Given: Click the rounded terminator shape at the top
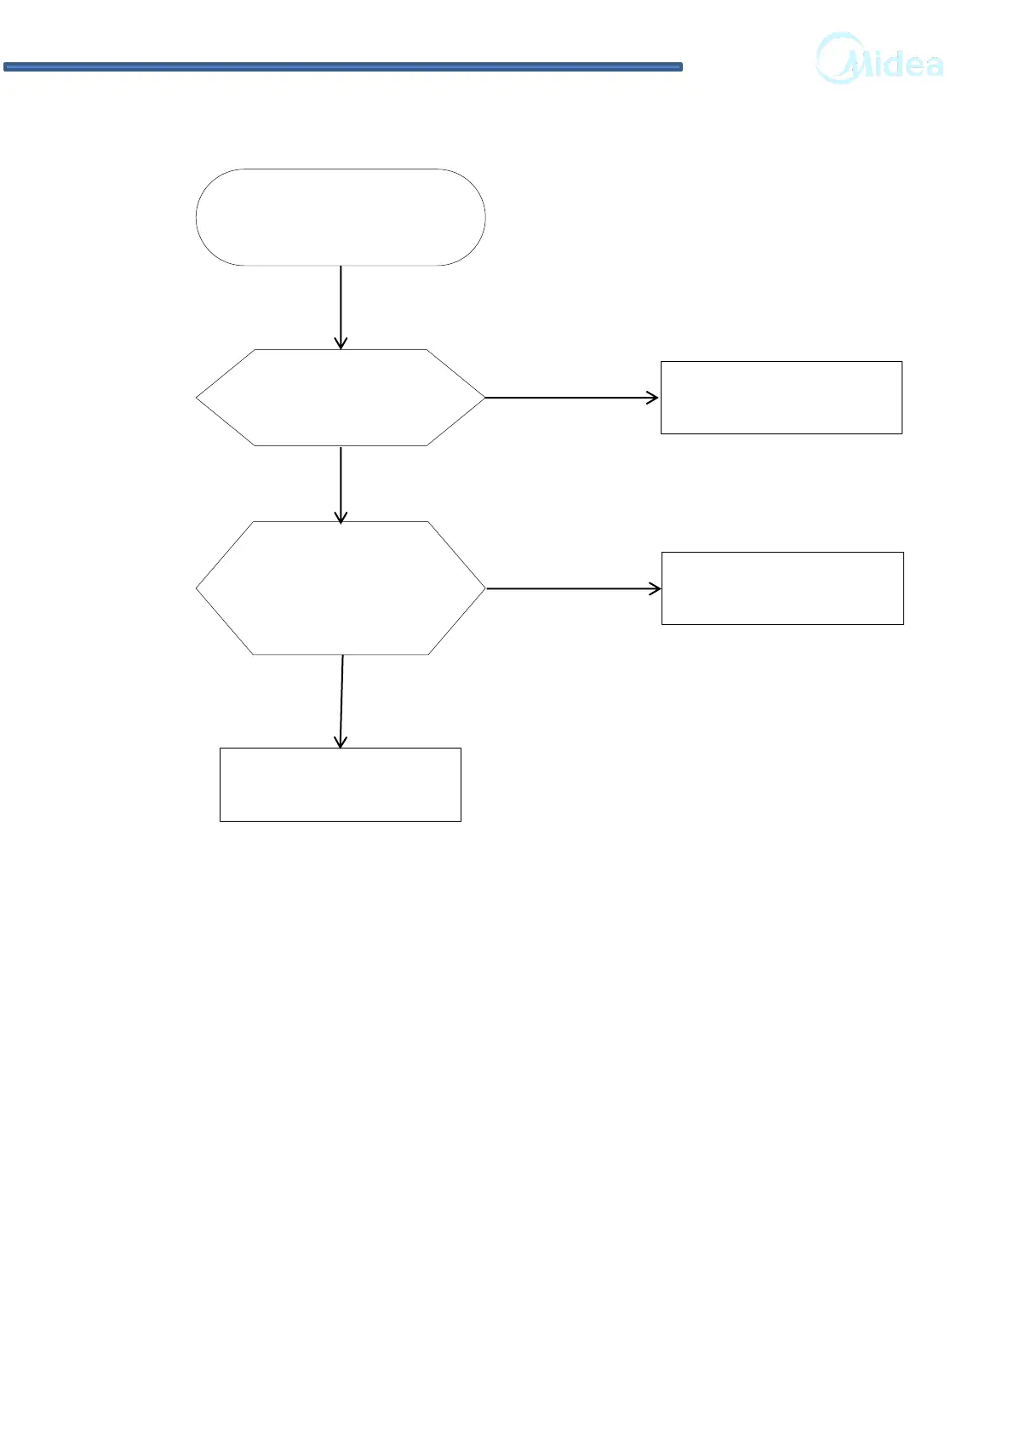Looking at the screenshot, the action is pyautogui.click(x=341, y=217).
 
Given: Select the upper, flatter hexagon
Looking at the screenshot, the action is pyautogui.click(x=341, y=398).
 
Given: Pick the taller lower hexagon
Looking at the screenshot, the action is pyautogui.click(x=341, y=588).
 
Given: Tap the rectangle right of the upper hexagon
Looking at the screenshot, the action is pyautogui.click(x=781, y=398).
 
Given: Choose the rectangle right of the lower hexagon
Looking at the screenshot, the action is pyautogui.click(x=782, y=588).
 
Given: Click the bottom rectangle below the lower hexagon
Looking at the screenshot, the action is pyautogui.click(x=341, y=784).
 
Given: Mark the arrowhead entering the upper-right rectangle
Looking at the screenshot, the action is pyautogui.click(x=653, y=398).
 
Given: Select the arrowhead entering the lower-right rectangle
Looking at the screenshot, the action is pyautogui.click(x=655, y=588).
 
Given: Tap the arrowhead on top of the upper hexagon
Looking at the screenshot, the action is pyautogui.click(x=341, y=343).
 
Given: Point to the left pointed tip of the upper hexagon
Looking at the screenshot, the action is pyautogui.click(x=198, y=398).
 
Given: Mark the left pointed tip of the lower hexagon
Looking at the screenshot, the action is pyautogui.click(x=198, y=588).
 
